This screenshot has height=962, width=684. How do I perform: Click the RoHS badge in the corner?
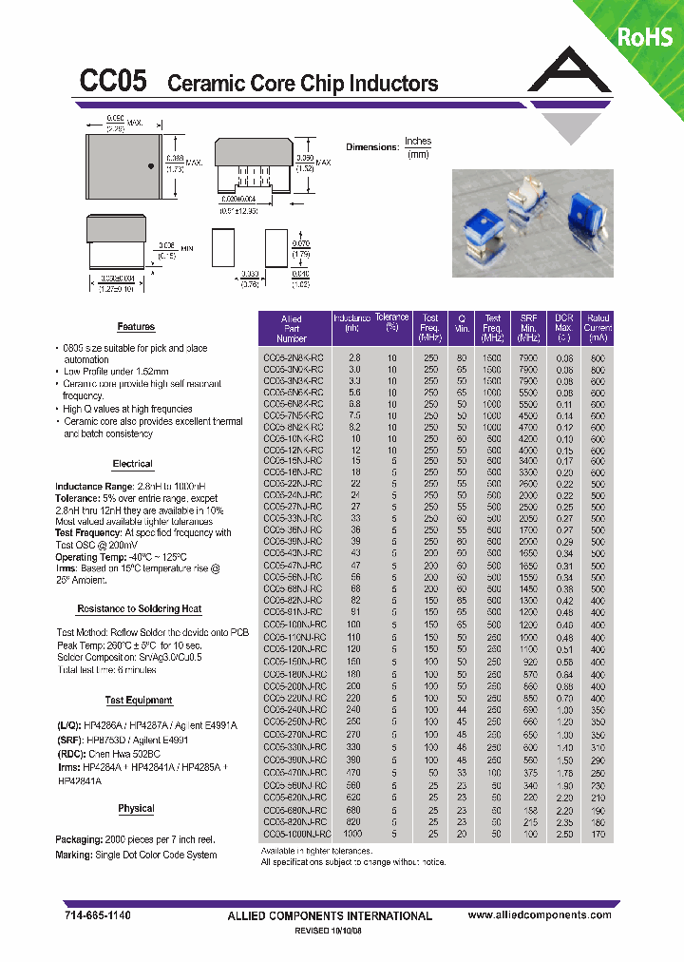[645, 36]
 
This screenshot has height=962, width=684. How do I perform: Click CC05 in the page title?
[113, 82]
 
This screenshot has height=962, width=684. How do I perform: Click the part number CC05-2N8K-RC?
[293, 356]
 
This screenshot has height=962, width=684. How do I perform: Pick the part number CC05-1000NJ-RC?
[295, 833]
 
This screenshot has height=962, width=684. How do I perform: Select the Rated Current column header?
[598, 328]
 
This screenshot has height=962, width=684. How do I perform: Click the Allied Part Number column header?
[292, 328]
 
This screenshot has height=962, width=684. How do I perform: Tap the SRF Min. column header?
[529, 328]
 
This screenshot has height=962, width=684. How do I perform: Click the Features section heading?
[136, 326]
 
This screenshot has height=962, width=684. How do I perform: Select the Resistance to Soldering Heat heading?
[139, 608]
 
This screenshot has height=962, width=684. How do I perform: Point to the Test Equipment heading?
[139, 701]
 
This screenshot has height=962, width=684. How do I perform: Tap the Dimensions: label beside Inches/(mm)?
[371, 147]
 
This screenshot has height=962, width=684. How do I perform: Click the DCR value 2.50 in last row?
[564, 833]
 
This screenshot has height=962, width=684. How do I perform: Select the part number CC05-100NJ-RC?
[294, 625]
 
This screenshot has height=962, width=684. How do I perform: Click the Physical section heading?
[136, 809]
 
